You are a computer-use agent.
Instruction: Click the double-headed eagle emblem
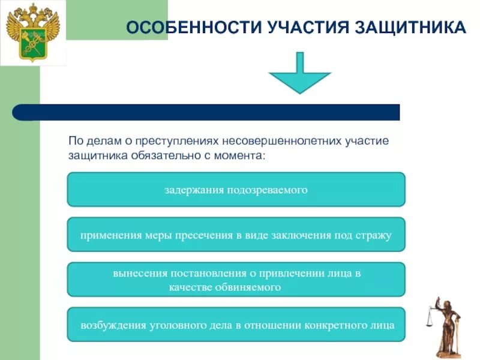tap(33, 33)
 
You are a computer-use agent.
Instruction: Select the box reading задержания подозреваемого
tap(236, 190)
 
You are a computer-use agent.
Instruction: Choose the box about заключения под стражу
tap(236, 235)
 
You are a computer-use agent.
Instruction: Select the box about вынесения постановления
tap(236, 280)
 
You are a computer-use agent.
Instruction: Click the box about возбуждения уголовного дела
tap(236, 325)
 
